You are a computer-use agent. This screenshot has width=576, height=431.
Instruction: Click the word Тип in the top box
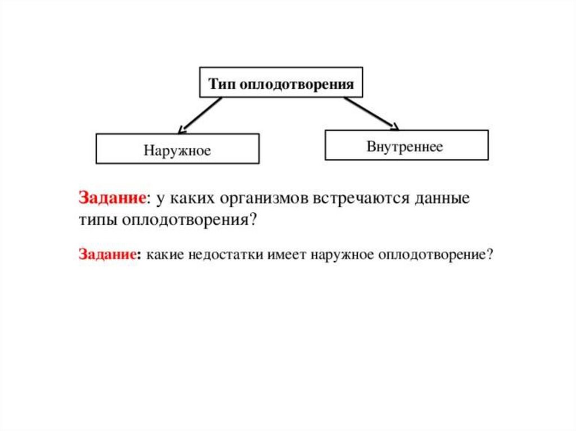[220, 85]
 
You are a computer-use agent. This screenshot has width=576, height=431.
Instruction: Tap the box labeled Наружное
[177, 149]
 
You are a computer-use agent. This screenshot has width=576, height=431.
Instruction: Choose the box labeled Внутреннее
[406, 146]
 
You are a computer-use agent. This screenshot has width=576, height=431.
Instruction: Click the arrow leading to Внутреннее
[371, 112]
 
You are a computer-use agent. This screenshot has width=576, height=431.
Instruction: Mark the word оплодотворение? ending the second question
[437, 254]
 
